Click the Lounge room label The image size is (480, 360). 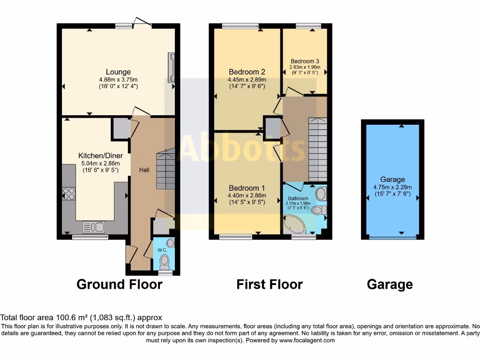pyautogui.click(x=118, y=72)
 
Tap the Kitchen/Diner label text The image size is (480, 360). pyautogui.click(x=100, y=156)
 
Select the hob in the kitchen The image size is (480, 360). pyautogui.click(x=68, y=194)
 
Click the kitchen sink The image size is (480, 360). pyautogui.click(x=93, y=227)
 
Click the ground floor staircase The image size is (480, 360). pyautogui.click(x=165, y=169)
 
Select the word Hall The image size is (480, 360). pyautogui.click(x=144, y=170)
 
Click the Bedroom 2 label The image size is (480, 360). pyautogui.click(x=247, y=72)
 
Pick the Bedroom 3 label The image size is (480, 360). pyautogui.click(x=305, y=61)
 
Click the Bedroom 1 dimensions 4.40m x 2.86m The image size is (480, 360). pyautogui.click(x=247, y=195)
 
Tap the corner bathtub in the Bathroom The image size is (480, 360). pyautogui.click(x=294, y=225)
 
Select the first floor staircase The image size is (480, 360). pyautogui.click(x=317, y=148)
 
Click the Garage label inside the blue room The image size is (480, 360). pyautogui.click(x=393, y=180)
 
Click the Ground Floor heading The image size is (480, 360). pyautogui.click(x=119, y=284)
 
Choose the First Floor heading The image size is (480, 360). pyautogui.click(x=270, y=284)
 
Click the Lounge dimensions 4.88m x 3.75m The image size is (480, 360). pyautogui.click(x=118, y=79)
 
